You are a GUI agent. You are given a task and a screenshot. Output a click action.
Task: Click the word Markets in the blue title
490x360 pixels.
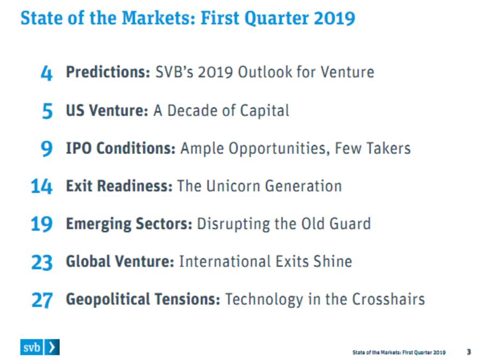[x=158, y=18]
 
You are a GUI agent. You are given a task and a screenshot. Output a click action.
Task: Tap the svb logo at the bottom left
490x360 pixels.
[x=40, y=347]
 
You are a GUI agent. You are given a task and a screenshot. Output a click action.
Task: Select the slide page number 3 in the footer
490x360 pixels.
[x=469, y=352]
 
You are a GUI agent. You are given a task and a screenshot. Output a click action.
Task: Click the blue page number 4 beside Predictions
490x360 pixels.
[x=47, y=73]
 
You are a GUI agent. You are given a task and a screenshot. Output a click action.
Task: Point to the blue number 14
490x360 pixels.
[x=42, y=186]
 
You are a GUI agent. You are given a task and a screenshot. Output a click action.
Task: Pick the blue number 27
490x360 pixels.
[x=42, y=300]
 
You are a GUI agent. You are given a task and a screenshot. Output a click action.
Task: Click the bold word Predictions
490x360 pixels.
[x=108, y=72]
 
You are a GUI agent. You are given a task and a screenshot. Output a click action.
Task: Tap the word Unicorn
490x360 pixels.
[x=233, y=186]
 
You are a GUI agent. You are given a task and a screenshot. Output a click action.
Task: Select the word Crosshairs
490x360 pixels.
[x=388, y=299]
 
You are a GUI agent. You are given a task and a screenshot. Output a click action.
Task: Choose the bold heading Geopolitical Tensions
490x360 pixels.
[x=143, y=300]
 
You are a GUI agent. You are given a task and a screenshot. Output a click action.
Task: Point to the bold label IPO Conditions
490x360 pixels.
[x=120, y=148]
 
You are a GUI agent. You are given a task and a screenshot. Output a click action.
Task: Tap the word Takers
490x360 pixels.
[x=388, y=148]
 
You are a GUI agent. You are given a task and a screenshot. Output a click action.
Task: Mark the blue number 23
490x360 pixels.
[x=42, y=262]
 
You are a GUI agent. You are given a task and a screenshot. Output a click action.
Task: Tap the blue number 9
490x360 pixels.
[x=47, y=148]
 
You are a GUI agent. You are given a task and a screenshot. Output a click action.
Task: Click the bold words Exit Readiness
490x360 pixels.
[x=119, y=186]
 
